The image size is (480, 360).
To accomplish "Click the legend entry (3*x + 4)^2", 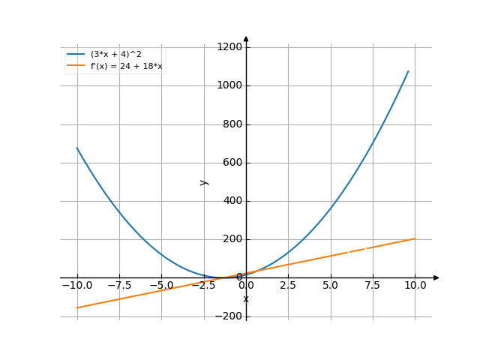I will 115,54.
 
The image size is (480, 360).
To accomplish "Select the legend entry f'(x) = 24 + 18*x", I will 126,66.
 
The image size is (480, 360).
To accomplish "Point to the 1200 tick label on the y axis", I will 230,47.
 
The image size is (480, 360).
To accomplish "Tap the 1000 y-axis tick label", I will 230,85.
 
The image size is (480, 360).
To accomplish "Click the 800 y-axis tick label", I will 233,124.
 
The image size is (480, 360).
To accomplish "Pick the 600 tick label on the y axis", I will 233,163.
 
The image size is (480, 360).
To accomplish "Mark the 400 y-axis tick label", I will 233,201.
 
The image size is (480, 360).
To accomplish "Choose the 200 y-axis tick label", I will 233,239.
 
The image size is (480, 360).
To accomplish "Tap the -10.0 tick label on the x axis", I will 76,286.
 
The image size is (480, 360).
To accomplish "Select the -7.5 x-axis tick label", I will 119,286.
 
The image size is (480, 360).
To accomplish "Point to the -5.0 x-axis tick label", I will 161,286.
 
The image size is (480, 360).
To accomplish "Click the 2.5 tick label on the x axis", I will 288,286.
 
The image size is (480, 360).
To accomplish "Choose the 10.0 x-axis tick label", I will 415,286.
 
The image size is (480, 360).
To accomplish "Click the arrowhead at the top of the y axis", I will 246,38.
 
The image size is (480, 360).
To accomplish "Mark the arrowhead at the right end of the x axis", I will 436,278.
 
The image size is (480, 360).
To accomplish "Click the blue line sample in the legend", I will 75,54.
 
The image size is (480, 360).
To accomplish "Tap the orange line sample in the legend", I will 75,66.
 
